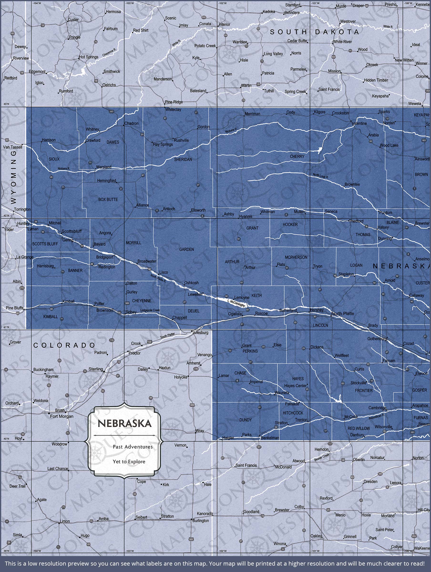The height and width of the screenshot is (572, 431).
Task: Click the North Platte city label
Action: pos(343,313)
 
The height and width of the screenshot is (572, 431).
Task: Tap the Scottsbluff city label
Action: pos(72,231)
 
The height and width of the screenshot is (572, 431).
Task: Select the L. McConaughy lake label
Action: pos(236,303)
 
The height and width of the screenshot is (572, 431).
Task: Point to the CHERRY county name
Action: pos(297,156)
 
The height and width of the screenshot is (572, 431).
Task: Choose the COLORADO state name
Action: pos(64,345)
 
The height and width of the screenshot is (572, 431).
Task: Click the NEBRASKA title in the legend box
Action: pos(124,423)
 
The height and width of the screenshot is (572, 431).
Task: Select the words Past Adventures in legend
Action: pos(133,447)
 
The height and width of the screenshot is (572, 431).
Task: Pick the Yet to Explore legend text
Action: pos(129,461)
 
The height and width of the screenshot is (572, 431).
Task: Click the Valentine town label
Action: pos(359,123)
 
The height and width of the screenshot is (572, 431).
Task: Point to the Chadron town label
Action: pos(131,123)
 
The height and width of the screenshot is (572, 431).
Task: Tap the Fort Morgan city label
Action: pos(62,416)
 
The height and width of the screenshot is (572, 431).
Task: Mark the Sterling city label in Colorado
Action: pos(96,369)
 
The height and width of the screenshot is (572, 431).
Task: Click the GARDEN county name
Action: pos(186,249)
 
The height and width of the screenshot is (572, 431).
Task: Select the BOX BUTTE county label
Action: pos(108,199)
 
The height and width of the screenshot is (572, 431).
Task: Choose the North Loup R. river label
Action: pos(320,176)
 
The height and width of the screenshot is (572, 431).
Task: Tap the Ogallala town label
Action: pos(235,314)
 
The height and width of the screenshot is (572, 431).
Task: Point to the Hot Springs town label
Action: pos(89,57)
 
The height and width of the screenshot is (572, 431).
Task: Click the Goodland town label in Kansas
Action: pos(251,512)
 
